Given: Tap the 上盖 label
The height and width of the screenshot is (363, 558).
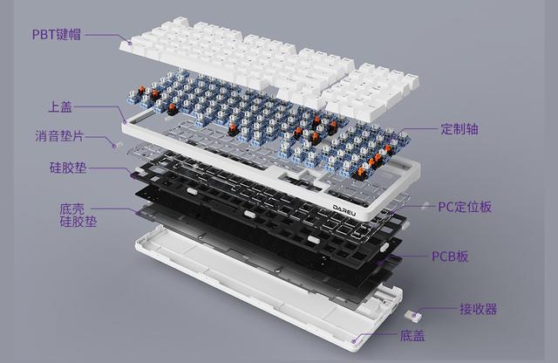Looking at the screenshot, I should pyautogui.click(x=61, y=107).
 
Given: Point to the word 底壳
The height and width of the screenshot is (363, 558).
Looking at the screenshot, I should pyautogui.click(x=71, y=209).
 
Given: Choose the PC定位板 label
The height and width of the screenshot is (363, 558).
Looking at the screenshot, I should pyautogui.click(x=465, y=207).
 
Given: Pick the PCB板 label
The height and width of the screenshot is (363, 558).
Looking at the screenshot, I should pyautogui.click(x=451, y=257).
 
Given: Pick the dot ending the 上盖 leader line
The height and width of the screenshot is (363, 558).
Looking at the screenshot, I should pyautogui.click(x=126, y=122).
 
